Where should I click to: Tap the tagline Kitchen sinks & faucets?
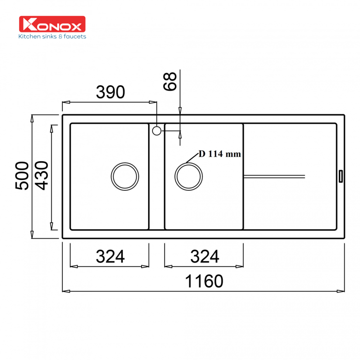(x=52, y=36)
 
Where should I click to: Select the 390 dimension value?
(x=111, y=92)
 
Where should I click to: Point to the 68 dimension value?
(x=170, y=81)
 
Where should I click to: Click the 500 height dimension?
(x=22, y=176)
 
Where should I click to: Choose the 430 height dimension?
(x=41, y=176)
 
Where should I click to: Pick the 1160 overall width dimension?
(x=204, y=281)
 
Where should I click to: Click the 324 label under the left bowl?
(x=110, y=256)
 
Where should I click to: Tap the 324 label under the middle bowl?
(x=204, y=256)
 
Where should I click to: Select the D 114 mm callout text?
(x=219, y=154)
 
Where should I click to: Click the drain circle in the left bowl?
(x=125, y=177)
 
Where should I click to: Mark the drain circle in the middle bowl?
(x=189, y=177)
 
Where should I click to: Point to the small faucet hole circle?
(x=157, y=130)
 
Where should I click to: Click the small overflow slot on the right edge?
(x=340, y=176)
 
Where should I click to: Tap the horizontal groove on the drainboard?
(x=274, y=176)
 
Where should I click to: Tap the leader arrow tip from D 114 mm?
(x=187, y=163)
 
